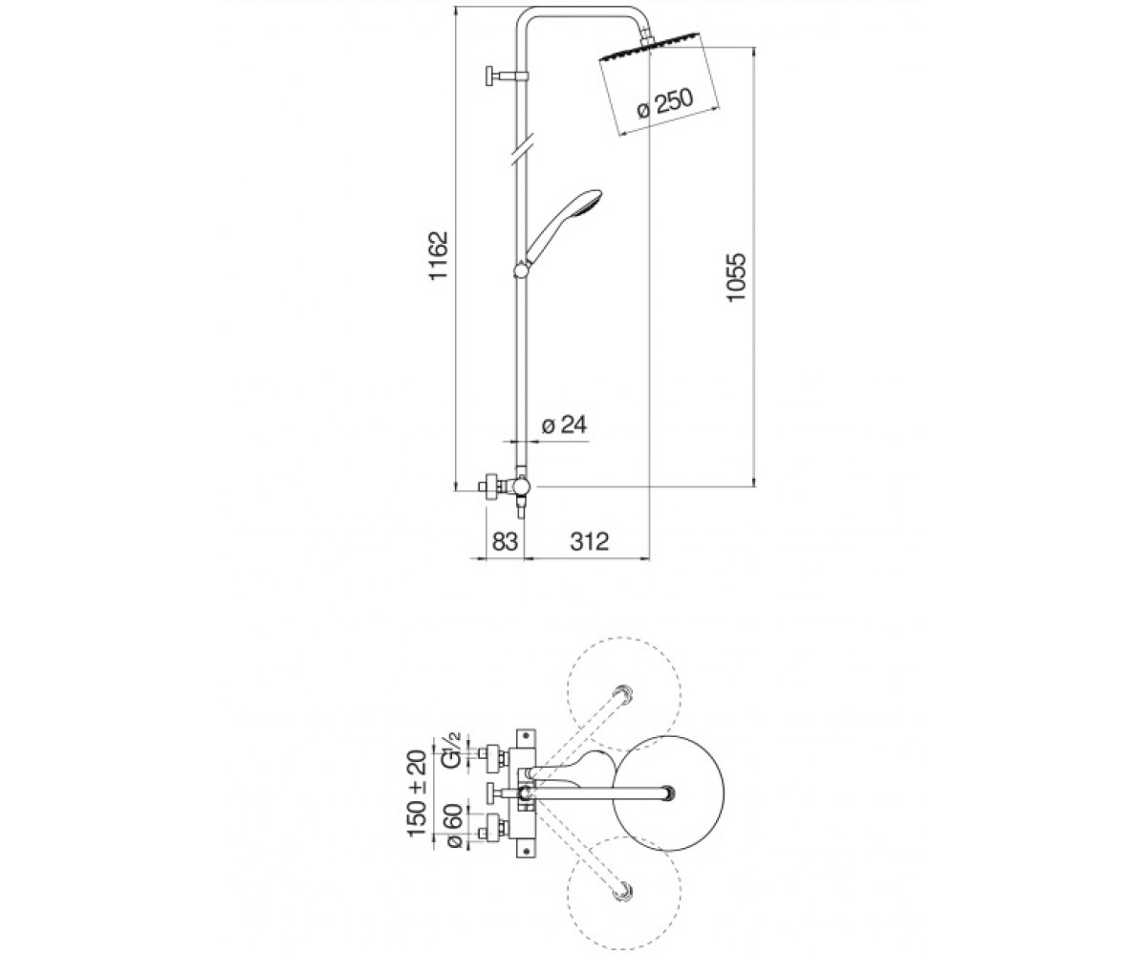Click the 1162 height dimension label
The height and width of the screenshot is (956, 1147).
click(440, 256)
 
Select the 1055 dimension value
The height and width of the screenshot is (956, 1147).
click(736, 276)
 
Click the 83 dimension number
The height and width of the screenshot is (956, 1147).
click(505, 541)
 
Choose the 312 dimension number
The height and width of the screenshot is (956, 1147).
click(590, 541)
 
